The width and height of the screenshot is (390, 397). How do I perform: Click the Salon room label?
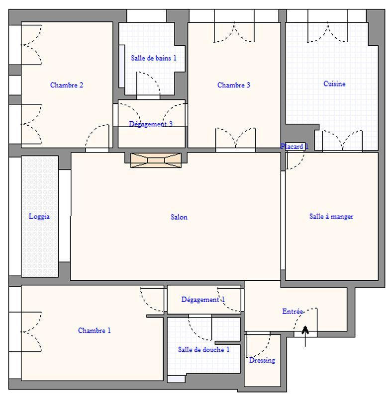click(x=179, y=217)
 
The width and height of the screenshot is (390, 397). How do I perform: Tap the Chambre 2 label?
click(x=67, y=85)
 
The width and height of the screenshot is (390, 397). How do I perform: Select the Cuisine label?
click(x=334, y=84)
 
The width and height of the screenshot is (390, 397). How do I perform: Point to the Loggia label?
click(x=39, y=216)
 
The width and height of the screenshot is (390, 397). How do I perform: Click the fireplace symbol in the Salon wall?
click(x=155, y=160)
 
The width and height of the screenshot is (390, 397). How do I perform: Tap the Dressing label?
click(x=262, y=360)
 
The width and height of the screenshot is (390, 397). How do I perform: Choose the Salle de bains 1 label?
click(x=154, y=58)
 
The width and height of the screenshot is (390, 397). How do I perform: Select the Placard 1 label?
click(x=294, y=147)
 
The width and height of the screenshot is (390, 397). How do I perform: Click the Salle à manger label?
click(x=331, y=216)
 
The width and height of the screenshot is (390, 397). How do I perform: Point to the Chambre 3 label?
click(x=234, y=85)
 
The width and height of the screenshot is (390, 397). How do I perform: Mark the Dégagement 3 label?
click(x=151, y=124)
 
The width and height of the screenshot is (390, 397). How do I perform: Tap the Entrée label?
click(x=293, y=312)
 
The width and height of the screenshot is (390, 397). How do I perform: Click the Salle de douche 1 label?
click(x=204, y=349)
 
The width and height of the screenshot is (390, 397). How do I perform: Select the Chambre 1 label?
click(x=95, y=330)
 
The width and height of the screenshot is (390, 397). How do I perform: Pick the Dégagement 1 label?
click(x=203, y=300)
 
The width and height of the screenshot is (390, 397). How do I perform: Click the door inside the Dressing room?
click(x=259, y=343)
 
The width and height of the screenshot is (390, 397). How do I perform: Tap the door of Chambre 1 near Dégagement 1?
click(x=152, y=301)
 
